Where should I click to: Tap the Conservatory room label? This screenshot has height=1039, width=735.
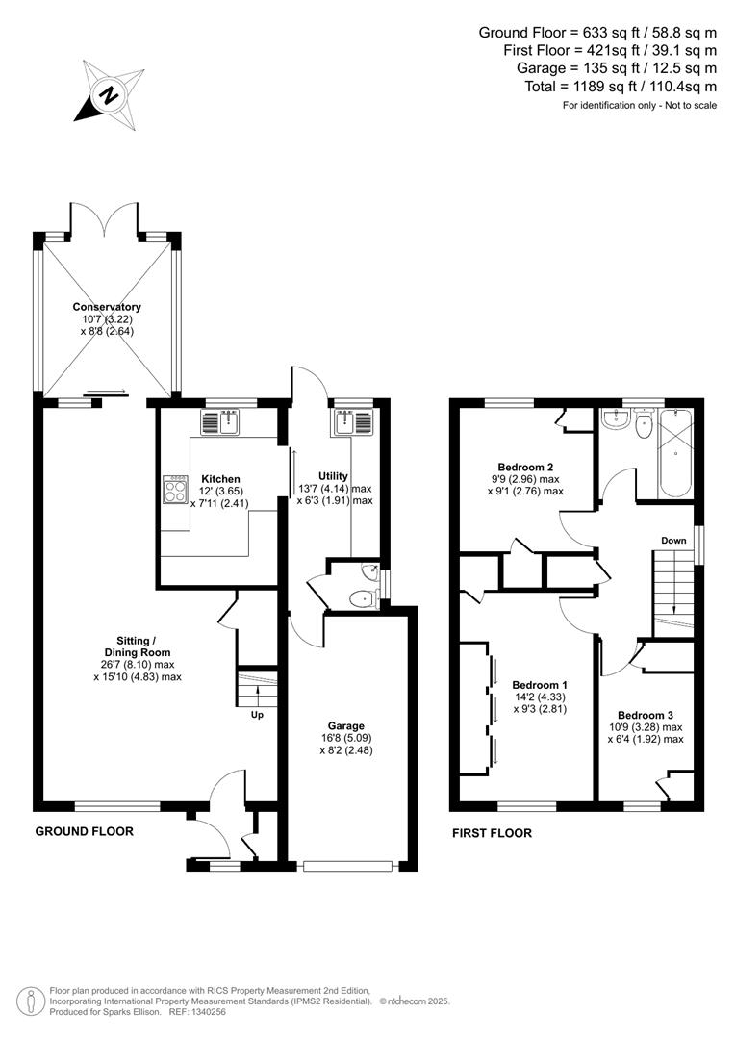pyautogui.click(x=107, y=307)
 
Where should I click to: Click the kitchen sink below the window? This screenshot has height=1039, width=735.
pyautogui.click(x=224, y=422)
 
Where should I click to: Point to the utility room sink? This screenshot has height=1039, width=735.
pyautogui.click(x=346, y=423)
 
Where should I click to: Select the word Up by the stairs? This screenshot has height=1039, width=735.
pyautogui.click(x=256, y=715)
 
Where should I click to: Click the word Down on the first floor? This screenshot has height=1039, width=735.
pyautogui.click(x=673, y=541)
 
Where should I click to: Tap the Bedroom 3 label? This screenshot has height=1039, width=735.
pyautogui.click(x=645, y=715)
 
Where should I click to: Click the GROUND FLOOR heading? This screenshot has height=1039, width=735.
pyautogui.click(x=85, y=831)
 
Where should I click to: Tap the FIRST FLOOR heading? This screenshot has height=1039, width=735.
pyautogui.click(x=492, y=833)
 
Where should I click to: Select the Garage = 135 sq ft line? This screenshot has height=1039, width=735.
pyautogui.click(x=617, y=68)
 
